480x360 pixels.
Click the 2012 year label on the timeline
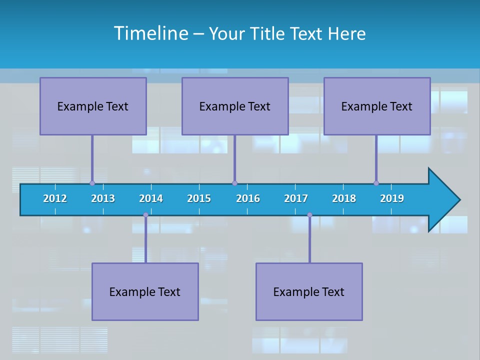click(55, 198)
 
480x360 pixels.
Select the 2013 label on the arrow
click(103, 198)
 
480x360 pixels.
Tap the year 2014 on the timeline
click(151, 198)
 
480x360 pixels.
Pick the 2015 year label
click(199, 198)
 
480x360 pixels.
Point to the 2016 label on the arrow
click(248, 198)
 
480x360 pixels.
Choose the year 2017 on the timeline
click(296, 198)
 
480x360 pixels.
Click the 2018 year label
click(344, 198)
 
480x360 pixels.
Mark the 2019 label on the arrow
click(392, 198)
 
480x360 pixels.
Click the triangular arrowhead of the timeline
click(443, 200)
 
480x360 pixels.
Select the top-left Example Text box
click(93, 106)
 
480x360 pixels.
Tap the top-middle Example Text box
click(235, 106)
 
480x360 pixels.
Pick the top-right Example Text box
click(377, 106)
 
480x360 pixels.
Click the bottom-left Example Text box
click(145, 291)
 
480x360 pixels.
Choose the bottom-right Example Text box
click(309, 291)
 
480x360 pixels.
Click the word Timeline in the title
click(150, 33)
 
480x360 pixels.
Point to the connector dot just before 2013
click(92, 183)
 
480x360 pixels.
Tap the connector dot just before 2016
click(234, 183)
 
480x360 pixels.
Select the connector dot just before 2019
click(376, 183)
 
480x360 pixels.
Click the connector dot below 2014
click(145, 215)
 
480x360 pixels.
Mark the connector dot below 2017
click(309, 215)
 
